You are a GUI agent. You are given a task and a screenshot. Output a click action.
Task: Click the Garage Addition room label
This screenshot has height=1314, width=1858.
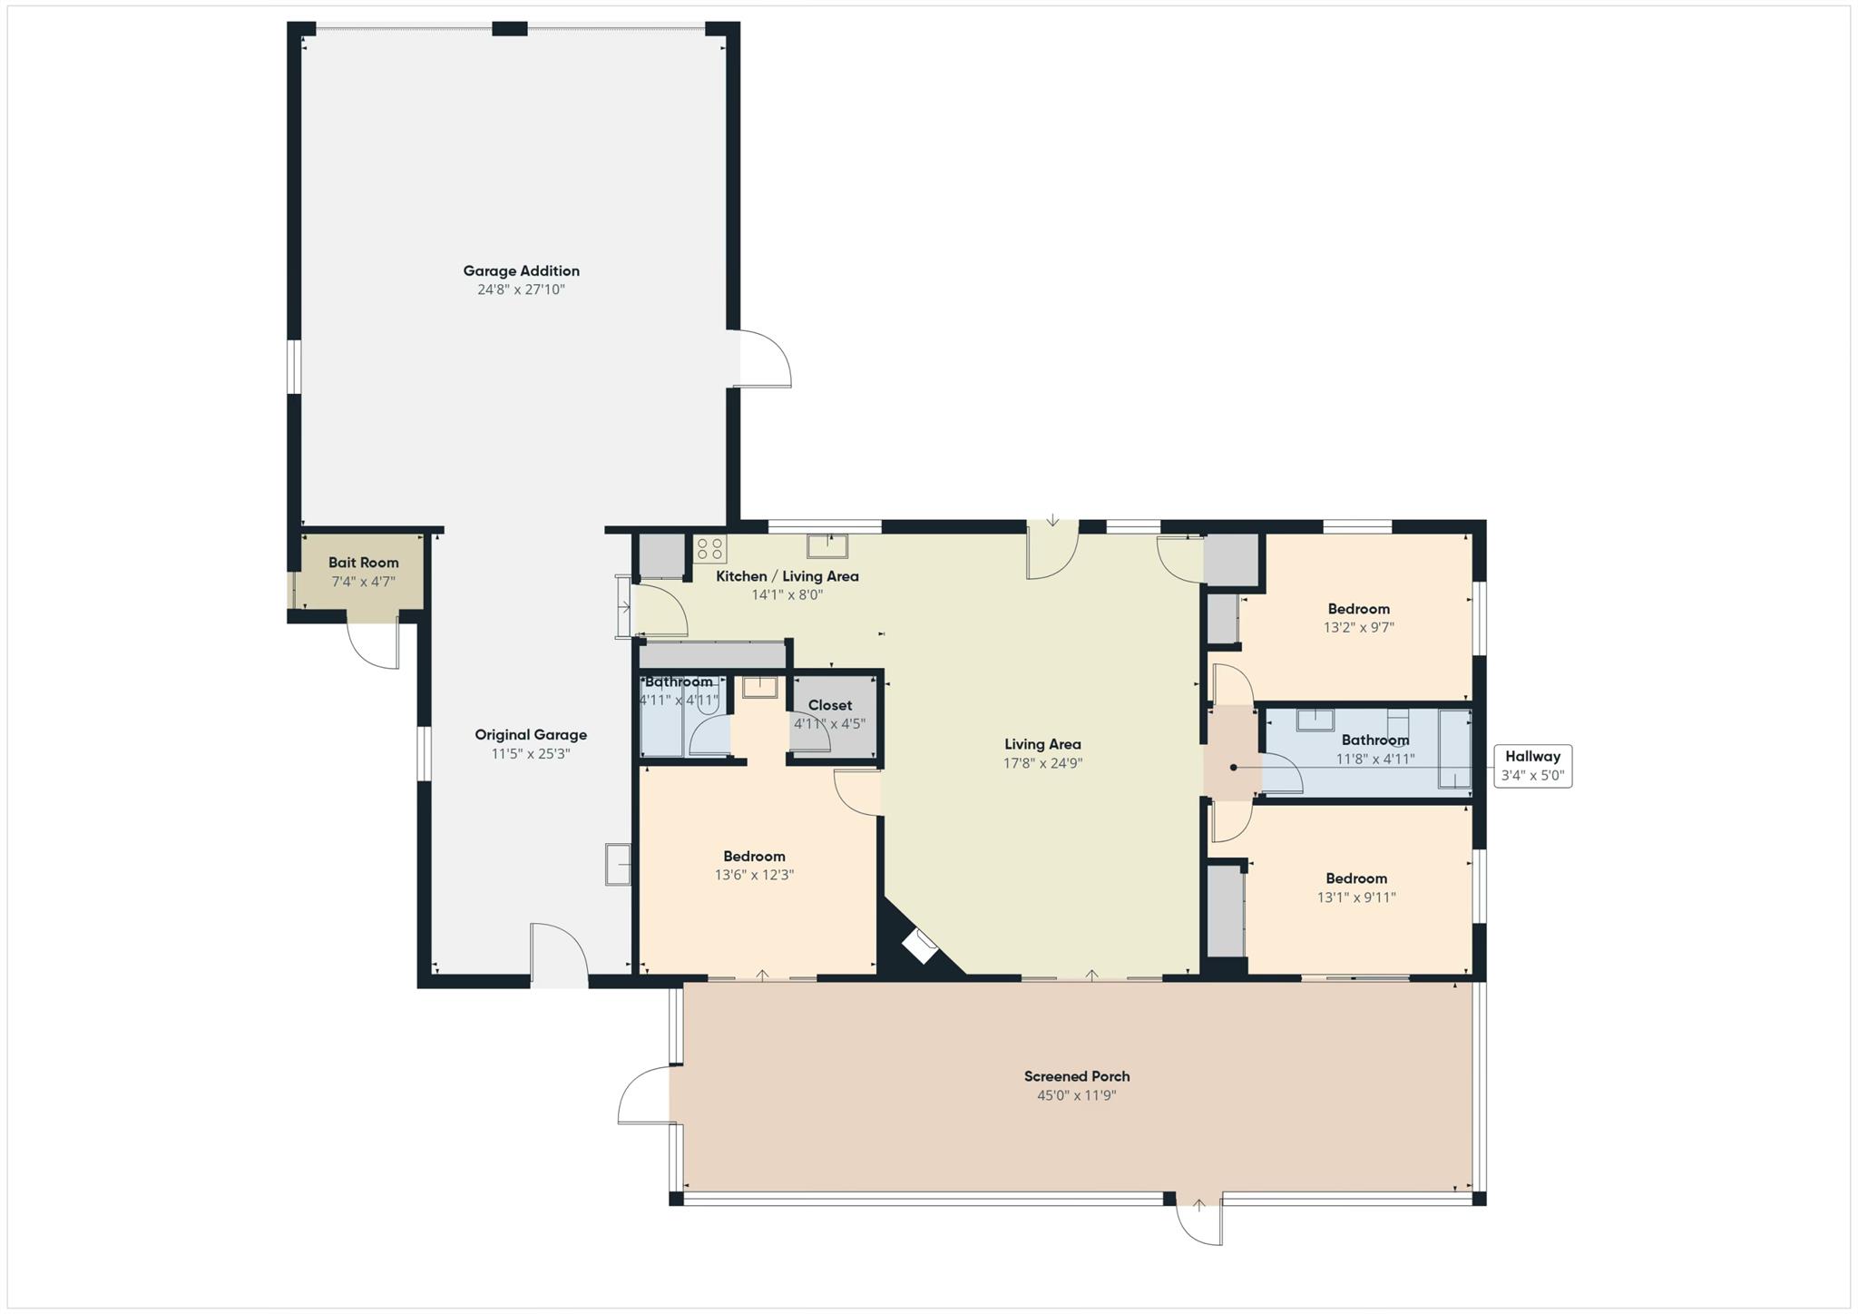pos(521,270)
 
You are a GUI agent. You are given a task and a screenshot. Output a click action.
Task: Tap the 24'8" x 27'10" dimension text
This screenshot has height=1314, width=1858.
pos(521,289)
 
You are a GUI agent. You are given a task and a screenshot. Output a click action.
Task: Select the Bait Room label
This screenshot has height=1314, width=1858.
pos(363,563)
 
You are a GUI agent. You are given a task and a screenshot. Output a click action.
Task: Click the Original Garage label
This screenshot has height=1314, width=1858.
pos(531,735)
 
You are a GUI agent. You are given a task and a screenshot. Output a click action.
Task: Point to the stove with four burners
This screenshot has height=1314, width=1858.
pos(709,548)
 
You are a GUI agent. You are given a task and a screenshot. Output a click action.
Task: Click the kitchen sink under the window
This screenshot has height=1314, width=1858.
pos(827,546)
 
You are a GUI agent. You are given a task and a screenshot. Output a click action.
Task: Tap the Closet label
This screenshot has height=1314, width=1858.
pos(829,705)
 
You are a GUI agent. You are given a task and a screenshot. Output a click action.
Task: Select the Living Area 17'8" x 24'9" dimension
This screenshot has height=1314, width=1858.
pos(1042,763)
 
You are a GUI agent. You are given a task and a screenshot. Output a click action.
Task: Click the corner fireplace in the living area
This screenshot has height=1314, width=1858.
pos(920,946)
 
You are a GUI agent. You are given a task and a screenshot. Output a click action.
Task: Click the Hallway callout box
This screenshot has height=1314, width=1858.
pos(1532,766)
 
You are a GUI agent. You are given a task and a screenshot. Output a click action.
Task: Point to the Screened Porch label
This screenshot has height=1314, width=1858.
pos(1076,1076)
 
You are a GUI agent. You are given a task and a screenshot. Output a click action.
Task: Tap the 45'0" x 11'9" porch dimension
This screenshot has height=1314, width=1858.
pos(1076,1095)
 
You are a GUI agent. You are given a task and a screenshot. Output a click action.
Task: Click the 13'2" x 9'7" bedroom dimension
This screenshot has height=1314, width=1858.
pos(1358,627)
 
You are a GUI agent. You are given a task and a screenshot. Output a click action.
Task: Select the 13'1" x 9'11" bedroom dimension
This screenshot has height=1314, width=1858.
pos(1356,897)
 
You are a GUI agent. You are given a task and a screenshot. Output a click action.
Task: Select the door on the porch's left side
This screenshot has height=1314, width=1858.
pos(644,1095)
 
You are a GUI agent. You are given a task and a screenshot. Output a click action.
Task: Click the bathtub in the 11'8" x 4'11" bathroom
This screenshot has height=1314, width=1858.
pos(1454,749)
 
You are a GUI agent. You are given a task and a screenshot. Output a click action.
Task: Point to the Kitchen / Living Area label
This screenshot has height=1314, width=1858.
pos(787,576)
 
